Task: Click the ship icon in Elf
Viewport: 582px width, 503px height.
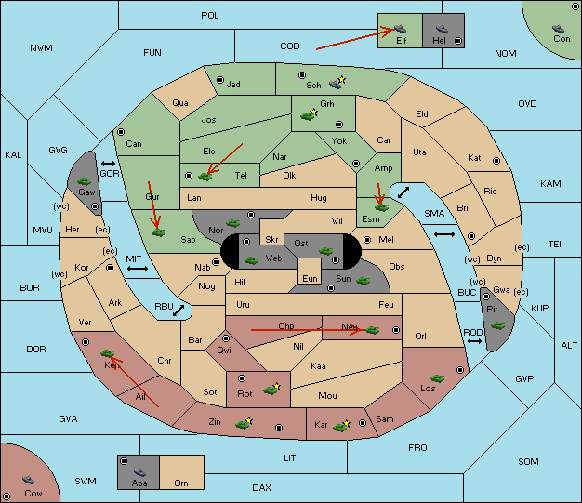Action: click(400, 29)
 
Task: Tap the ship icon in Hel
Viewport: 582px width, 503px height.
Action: click(442, 29)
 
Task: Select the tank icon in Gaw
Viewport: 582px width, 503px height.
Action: click(85, 181)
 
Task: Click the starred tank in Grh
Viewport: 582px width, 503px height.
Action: click(309, 114)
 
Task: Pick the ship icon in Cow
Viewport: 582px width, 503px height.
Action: click(28, 480)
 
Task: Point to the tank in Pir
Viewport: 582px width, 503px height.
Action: click(497, 325)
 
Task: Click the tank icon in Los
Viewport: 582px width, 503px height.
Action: click(438, 378)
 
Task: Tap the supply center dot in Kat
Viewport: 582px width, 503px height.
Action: click(496, 161)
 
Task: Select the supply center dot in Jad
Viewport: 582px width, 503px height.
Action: click(220, 80)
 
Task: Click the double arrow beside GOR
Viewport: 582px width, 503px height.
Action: click(108, 164)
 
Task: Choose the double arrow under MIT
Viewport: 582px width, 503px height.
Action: click(138, 269)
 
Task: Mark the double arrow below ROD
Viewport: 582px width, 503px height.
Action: click(474, 341)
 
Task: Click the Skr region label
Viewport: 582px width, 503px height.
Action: click(271, 240)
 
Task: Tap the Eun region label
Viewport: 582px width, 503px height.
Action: click(310, 278)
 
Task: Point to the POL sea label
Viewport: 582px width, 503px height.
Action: click(210, 16)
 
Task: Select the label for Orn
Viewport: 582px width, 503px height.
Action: click(181, 483)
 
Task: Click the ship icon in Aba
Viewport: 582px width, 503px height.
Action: click(139, 472)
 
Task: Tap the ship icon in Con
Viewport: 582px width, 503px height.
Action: click(558, 29)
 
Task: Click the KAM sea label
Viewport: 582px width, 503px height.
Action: click(550, 183)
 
